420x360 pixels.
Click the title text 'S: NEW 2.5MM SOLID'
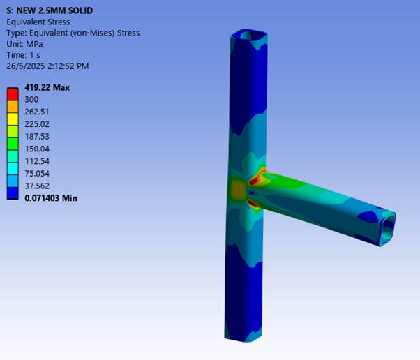coord(50,10)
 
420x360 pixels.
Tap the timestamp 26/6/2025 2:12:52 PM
coord(47,66)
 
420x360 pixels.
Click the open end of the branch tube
coord(387,227)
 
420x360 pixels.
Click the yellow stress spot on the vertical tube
coord(237,188)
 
